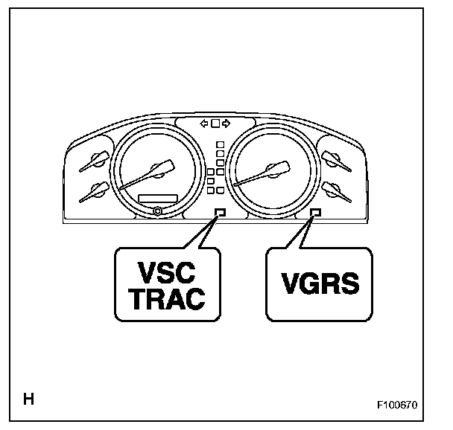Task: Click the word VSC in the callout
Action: click(168, 269)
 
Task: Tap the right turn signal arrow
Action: click(226, 123)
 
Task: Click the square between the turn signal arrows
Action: click(215, 123)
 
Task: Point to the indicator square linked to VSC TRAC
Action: click(220, 213)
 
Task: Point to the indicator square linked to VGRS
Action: click(315, 213)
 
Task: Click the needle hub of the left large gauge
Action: click(156, 169)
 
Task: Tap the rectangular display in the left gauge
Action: click(158, 198)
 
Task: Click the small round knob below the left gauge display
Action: click(156, 211)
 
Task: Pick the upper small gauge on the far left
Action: click(94, 159)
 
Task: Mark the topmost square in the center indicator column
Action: click(220, 143)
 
